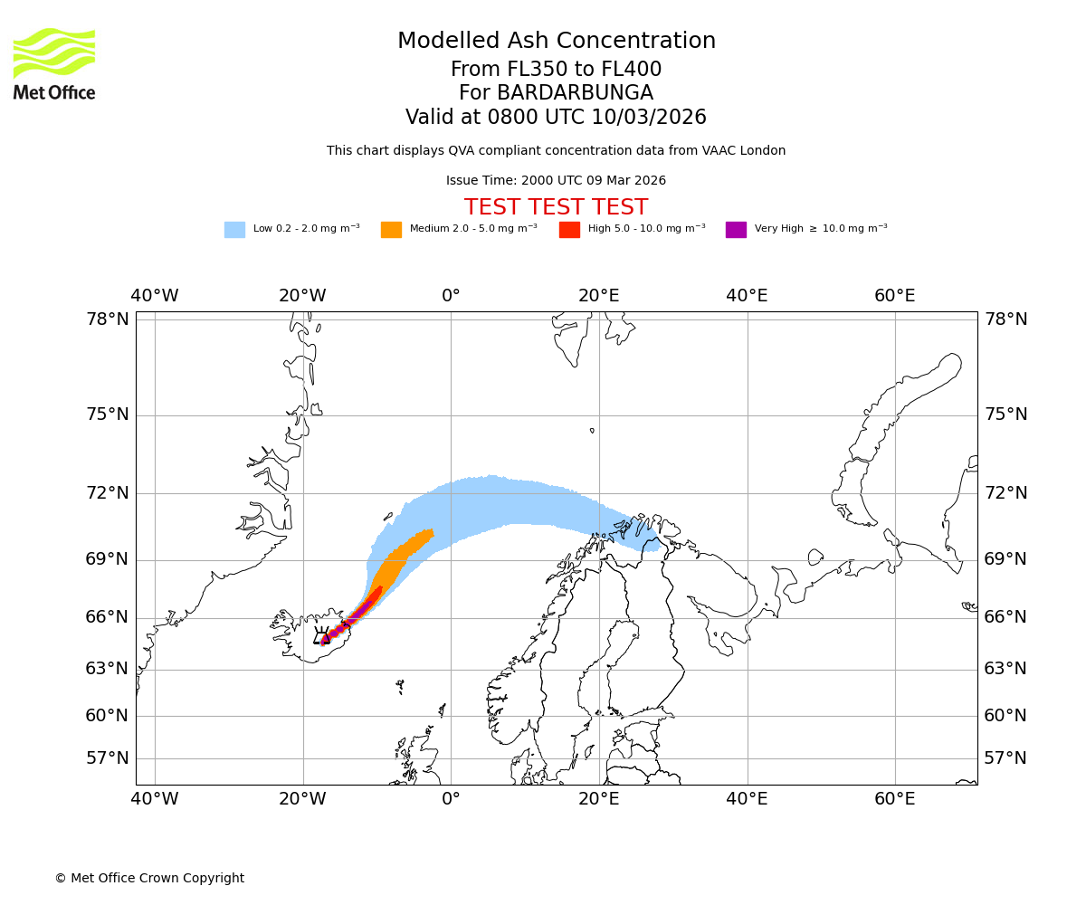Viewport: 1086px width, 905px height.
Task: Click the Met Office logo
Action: (x=54, y=63)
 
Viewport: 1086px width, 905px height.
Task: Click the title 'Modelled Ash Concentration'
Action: (x=556, y=41)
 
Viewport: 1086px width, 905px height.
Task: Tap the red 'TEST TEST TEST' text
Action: (x=556, y=207)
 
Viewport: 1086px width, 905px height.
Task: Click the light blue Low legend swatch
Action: (x=234, y=230)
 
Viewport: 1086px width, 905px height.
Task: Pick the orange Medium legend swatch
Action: (x=391, y=230)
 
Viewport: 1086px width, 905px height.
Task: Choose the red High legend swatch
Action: (x=569, y=230)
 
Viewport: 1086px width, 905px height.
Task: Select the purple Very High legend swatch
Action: (x=736, y=230)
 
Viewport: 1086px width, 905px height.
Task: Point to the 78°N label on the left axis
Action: (x=108, y=319)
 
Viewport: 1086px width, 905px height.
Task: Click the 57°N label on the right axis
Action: (x=1005, y=758)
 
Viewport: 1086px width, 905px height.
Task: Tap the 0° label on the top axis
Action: (x=451, y=296)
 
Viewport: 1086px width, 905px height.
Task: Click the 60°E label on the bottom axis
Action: (x=894, y=799)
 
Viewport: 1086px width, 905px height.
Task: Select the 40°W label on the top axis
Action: (x=155, y=296)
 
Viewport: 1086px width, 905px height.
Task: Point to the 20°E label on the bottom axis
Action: (x=598, y=799)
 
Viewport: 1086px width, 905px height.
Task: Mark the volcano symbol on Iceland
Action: (x=321, y=635)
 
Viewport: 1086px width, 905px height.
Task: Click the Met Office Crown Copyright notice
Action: (x=149, y=878)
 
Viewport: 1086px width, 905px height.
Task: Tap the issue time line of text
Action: (x=556, y=180)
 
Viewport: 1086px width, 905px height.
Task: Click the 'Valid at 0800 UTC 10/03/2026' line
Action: (x=556, y=118)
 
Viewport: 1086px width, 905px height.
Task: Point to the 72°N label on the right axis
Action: (x=1005, y=493)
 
